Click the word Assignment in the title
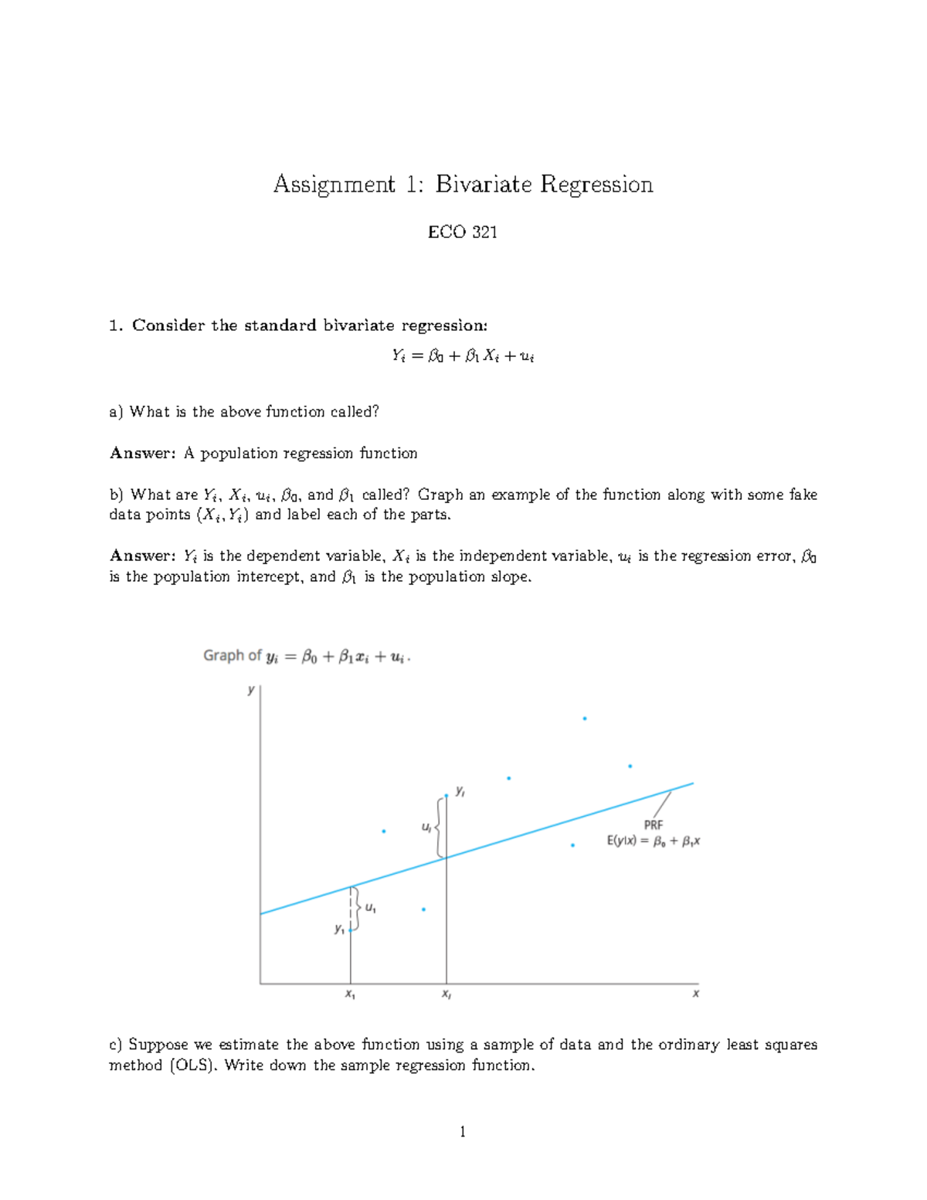(x=334, y=185)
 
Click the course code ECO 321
(x=462, y=232)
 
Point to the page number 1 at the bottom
(x=463, y=1132)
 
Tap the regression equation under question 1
(x=463, y=356)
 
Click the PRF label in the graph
(x=654, y=825)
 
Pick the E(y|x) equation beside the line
(x=654, y=841)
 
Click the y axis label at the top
(x=251, y=689)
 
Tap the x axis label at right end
(x=695, y=994)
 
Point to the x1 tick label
(x=350, y=994)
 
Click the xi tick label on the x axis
(x=447, y=994)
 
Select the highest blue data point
(x=585, y=719)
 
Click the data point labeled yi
(x=447, y=795)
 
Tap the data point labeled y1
(x=351, y=930)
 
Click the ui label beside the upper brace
(x=426, y=827)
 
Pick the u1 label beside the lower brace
(x=371, y=909)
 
